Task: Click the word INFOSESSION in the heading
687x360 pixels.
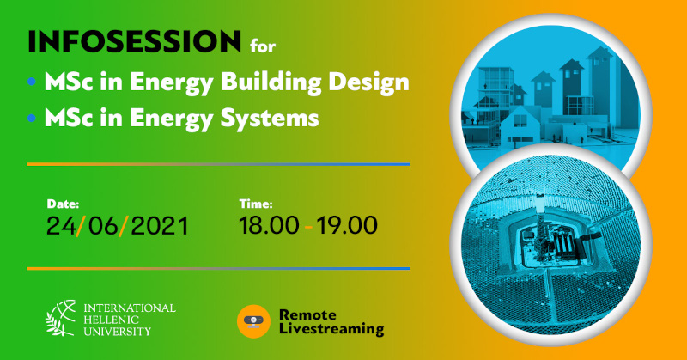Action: coord(135,41)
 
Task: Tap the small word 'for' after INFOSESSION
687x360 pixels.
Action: coord(263,46)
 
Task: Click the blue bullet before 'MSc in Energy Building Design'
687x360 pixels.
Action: coord(32,82)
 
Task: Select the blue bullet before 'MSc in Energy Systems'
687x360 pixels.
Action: coord(32,118)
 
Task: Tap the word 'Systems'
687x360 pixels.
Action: coord(270,119)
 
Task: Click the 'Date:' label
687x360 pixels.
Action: coord(63,204)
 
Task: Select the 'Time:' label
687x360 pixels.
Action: coord(256,204)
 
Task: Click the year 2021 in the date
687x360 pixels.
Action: coord(160,226)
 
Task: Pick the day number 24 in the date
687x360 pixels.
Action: coord(61,226)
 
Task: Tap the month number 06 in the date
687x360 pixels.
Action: coord(103,226)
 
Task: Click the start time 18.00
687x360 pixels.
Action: coord(269,225)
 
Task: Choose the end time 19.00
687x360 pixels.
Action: coord(347,225)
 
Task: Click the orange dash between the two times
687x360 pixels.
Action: coord(308,227)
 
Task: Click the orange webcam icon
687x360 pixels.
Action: coord(253,321)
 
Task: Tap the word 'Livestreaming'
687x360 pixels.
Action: coord(331,329)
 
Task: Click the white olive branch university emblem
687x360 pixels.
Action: coord(61,318)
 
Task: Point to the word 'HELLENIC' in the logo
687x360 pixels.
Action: coord(111,320)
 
